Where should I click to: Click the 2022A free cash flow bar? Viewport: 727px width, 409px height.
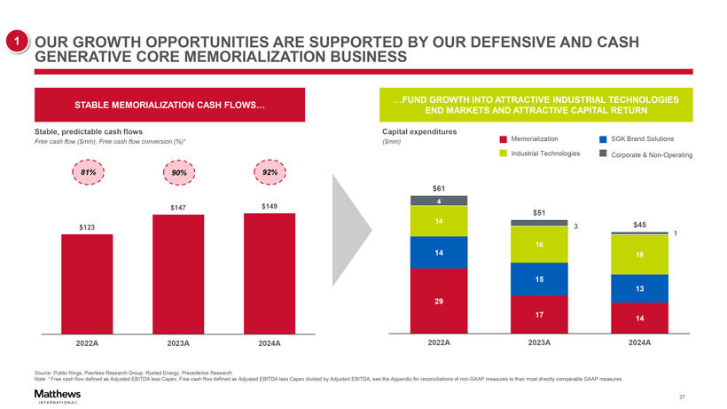point(87,284)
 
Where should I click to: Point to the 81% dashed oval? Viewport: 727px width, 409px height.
point(88,171)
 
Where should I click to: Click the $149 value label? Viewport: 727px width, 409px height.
point(270,207)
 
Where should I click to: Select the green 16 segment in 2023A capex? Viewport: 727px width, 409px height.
point(539,245)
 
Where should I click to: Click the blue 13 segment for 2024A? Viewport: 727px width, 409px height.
point(639,289)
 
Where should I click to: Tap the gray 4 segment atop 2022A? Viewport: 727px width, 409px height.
point(438,201)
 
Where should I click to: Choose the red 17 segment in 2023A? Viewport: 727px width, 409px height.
point(539,315)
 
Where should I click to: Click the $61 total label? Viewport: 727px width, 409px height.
point(438,187)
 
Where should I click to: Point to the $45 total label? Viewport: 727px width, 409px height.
point(640,225)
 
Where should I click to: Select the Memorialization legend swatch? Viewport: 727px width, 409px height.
point(504,139)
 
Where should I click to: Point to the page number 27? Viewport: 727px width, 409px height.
point(681,396)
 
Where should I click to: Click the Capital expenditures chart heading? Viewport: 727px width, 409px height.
point(418,132)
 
